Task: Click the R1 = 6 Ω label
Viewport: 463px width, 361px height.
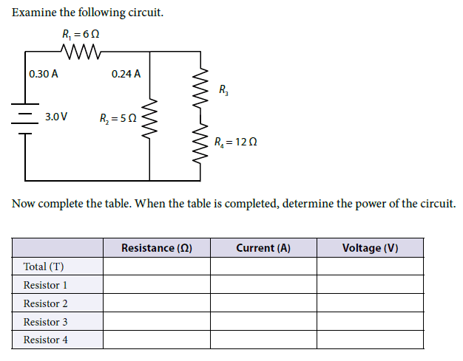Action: tap(81, 35)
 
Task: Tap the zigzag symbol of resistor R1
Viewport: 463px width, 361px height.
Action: tap(81, 52)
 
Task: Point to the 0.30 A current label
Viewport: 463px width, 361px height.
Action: tap(44, 74)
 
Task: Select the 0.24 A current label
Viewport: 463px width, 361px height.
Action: tap(126, 74)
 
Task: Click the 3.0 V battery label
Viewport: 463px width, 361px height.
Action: tap(56, 117)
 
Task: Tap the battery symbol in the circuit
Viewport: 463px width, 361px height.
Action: tap(25, 119)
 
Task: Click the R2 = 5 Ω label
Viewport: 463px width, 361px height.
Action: tap(118, 118)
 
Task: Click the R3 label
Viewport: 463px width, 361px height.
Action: tap(223, 89)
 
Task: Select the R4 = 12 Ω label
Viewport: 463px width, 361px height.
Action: tap(236, 142)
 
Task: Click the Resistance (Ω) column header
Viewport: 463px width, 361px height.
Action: tap(157, 248)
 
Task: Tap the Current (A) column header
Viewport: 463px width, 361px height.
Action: tap(263, 248)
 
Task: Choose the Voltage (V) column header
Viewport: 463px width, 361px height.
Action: tap(371, 248)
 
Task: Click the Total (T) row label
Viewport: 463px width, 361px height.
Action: tap(44, 267)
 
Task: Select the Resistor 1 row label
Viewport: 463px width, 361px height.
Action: tap(45, 285)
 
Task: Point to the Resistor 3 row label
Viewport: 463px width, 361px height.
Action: tap(45, 322)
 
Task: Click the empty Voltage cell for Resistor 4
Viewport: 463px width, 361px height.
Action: tap(371, 340)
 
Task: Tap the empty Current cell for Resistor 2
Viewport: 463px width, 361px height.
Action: tap(263, 303)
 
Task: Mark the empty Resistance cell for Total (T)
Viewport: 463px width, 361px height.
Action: tap(157, 267)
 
